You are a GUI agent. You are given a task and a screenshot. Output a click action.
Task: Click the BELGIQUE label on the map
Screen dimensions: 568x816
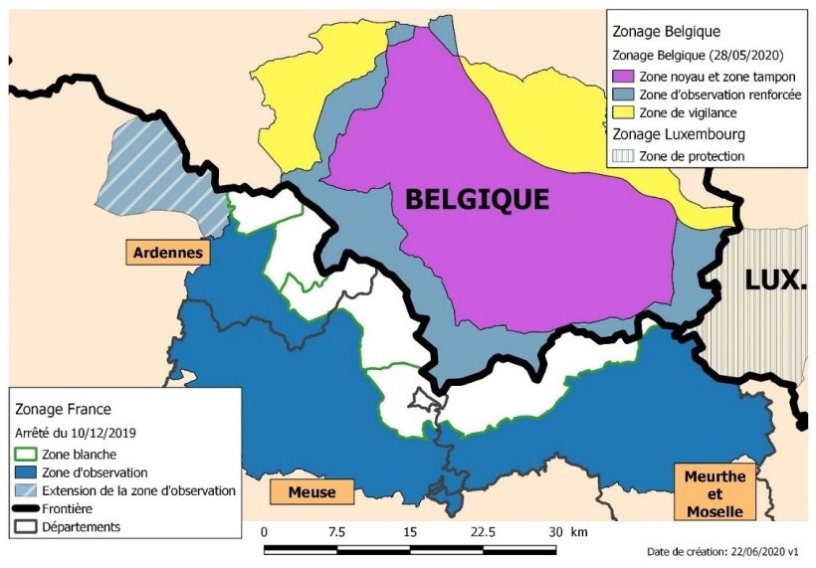477,199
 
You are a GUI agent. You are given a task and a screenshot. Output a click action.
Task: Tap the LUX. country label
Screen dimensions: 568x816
774,281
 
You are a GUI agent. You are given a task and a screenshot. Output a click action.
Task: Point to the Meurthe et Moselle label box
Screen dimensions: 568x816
714,493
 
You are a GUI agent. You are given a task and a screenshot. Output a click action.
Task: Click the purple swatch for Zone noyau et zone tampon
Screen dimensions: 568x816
624,77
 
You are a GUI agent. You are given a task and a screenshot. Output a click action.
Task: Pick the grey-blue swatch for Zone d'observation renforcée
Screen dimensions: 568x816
624,95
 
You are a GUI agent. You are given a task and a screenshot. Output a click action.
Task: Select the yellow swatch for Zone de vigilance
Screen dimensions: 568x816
624,113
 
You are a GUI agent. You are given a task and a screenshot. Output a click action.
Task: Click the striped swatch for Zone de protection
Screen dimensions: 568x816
624,156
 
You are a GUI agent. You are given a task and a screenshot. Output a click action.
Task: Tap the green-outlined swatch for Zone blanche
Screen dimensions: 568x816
28,455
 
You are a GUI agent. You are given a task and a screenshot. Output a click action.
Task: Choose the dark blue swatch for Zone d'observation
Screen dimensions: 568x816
28,473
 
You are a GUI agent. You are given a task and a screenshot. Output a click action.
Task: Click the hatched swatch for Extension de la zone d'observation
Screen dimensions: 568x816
28,490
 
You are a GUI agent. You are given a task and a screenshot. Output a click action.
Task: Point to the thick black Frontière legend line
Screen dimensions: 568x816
28,508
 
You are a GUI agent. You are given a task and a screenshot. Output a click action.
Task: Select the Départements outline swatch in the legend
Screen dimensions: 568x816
28,526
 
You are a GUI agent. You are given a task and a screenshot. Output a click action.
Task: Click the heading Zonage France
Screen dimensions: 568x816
63,409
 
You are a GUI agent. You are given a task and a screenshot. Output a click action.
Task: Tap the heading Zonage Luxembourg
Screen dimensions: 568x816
679,134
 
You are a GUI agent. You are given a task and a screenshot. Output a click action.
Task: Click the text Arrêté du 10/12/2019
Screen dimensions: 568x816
76,433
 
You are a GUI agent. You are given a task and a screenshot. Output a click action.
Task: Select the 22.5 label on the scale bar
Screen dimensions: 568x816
484,532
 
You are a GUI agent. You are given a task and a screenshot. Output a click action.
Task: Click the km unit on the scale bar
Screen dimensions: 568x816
579,532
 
